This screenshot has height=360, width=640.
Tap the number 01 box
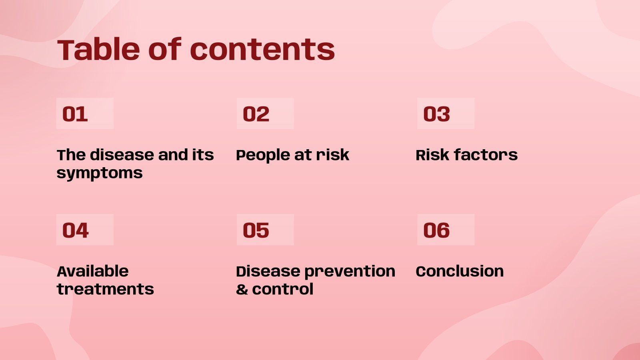point(85,114)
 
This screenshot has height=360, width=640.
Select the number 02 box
point(265,114)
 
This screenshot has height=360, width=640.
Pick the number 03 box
point(446,114)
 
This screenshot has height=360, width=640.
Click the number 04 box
point(85,230)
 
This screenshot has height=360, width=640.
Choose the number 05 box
point(265,230)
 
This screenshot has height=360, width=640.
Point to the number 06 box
point(446,230)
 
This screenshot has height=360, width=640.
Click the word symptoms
point(100,173)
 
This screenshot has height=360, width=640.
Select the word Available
point(92,271)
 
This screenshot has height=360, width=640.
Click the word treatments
point(105,289)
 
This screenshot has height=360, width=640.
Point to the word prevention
point(350,271)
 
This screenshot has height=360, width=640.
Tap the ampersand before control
point(242,289)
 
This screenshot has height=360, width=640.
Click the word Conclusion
point(460,271)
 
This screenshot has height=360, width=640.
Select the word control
point(282,289)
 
